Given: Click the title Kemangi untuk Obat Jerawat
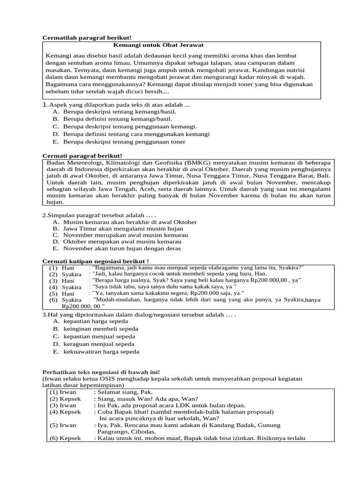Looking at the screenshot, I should (158, 45).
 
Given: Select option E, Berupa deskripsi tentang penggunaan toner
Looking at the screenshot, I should (124, 142).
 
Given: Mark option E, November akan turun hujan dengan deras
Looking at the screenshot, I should (122, 248).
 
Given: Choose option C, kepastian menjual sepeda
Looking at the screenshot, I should (99, 336).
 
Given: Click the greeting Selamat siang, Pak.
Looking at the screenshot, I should (124, 392).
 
